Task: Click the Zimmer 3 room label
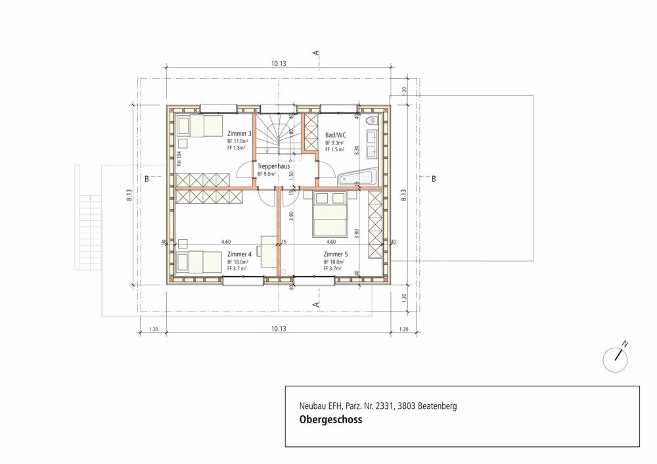240,133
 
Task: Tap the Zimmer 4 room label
240,254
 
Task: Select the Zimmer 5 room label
336,254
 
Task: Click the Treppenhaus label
273,166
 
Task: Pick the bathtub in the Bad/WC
357,177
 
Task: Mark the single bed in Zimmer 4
199,262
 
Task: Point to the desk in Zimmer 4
269,250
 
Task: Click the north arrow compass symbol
616,356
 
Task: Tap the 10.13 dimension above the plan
279,64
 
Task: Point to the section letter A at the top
316,52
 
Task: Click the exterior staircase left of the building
88,233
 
